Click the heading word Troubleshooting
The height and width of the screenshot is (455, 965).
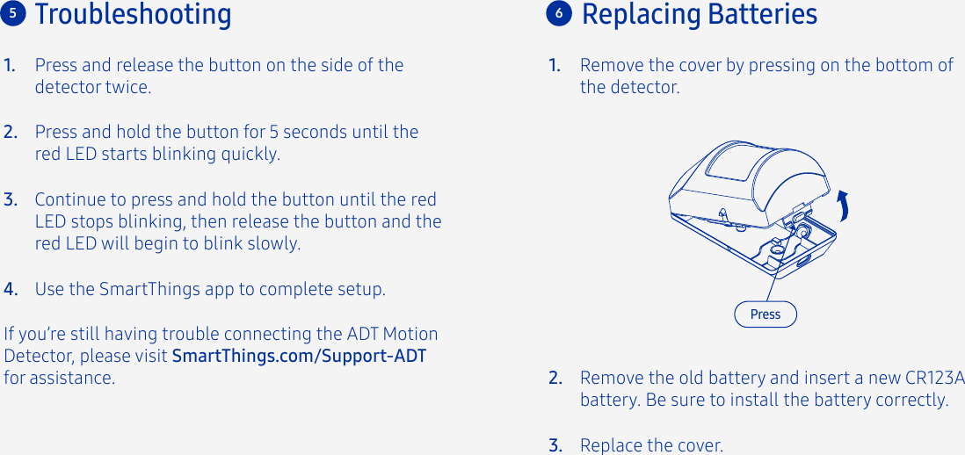(133, 15)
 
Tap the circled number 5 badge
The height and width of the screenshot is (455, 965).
(13, 13)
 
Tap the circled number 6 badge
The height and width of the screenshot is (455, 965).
(558, 14)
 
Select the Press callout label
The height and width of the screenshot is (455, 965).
(765, 314)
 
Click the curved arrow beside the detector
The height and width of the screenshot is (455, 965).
(844, 206)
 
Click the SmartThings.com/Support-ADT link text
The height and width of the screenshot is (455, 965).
(299, 357)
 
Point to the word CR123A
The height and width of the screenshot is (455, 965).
(934, 379)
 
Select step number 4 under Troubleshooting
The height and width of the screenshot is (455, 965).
(11, 290)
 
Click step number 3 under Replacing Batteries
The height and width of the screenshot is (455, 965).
(555, 446)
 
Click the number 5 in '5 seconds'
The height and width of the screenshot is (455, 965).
(273, 133)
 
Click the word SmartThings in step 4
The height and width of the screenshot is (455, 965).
(141, 290)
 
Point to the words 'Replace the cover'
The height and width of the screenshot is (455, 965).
(651, 446)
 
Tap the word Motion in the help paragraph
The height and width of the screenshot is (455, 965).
(409, 335)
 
